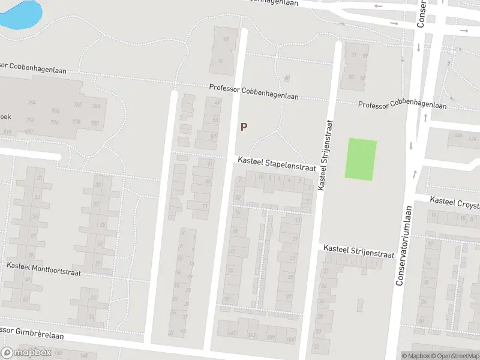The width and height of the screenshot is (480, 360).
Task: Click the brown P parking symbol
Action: [244, 127]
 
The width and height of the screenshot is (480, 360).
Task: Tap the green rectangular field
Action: [361, 159]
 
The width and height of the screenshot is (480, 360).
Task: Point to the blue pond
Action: [21, 13]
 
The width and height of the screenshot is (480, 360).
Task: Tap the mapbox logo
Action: [26, 352]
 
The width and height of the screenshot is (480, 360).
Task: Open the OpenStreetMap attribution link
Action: [455, 355]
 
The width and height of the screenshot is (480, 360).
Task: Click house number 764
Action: [31, 103]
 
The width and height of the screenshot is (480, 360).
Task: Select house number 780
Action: [94, 124]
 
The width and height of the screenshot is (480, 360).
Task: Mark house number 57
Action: [214, 137]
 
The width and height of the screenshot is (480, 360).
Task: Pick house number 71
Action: [205, 206]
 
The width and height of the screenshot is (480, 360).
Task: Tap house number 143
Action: [251, 335]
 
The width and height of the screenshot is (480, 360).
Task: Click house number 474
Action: [472, 139]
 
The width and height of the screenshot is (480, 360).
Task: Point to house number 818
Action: [7, 132]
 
